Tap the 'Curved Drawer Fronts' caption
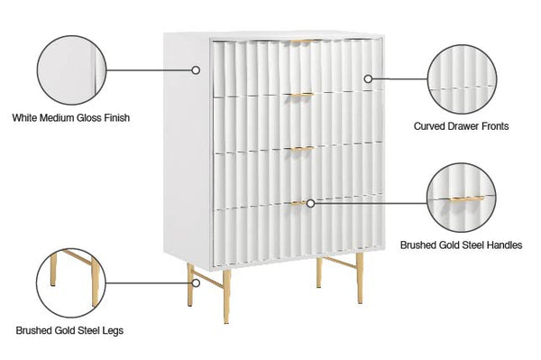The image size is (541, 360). coord(473,126)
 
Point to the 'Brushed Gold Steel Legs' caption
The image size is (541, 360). coord(69,330)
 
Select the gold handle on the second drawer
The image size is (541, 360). coord(300,95)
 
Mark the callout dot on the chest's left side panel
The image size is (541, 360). coord(196,69)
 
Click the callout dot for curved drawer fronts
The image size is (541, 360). coord(368,78)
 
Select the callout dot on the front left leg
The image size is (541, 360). coord(190,282)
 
